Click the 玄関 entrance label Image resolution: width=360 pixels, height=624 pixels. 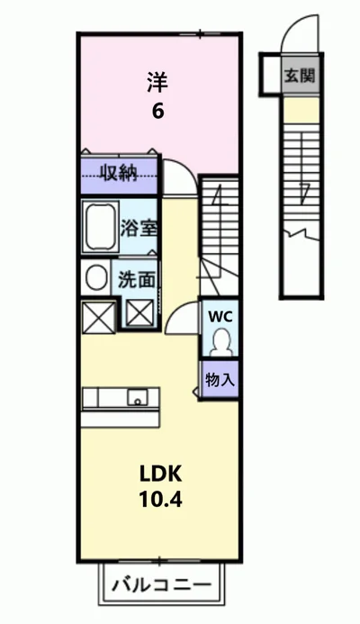point(300,76)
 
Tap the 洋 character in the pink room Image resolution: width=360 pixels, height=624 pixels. point(157,82)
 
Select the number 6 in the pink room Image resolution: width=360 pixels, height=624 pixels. point(157,111)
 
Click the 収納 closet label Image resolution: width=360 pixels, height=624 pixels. point(119,174)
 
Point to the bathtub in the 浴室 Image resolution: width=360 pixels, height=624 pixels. point(100,226)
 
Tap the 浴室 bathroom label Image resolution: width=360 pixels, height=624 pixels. point(139,229)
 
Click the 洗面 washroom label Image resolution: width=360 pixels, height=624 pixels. point(136,280)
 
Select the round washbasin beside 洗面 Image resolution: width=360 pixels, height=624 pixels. point(96,277)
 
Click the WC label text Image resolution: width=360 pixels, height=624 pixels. point(220,317)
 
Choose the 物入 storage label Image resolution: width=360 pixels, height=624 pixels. point(220,380)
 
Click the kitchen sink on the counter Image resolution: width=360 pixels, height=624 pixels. point(137,398)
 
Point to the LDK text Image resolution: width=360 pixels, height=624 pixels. point(161,474)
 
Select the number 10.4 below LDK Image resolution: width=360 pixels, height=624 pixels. point(161,499)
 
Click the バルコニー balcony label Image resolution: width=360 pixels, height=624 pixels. point(161,585)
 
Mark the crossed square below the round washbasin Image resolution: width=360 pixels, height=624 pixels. point(98,317)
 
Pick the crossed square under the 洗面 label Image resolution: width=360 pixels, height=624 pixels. point(140,312)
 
